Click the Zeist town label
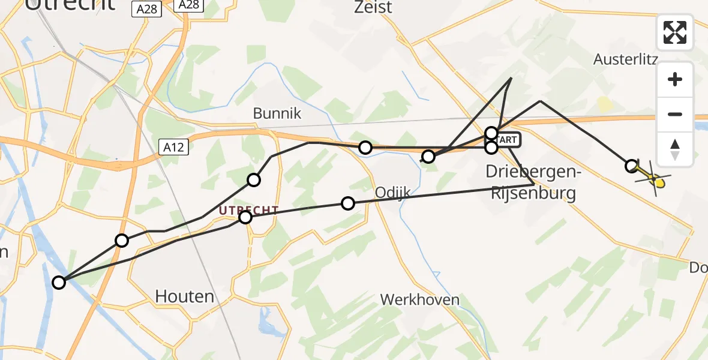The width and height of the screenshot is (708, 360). coord(373,7)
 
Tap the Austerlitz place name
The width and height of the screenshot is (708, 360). coord(626,59)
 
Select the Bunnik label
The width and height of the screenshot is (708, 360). coord(277,113)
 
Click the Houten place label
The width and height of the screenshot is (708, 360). coord(184,296)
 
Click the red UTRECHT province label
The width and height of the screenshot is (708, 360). coord(248,210)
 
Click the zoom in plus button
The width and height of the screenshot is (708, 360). coord(675,79)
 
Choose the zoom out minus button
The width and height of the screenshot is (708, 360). coord(675,114)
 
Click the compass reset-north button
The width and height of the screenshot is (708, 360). coord(675,149)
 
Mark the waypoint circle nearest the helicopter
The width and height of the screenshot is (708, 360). coord(631,166)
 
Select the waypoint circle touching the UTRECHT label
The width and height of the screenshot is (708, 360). coord(245,217)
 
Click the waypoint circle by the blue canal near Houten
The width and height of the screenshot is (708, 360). coord(59,282)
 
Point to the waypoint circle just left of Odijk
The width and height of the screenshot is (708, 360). coord(348,203)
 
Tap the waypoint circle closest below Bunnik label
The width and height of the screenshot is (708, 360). coord(254,179)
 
